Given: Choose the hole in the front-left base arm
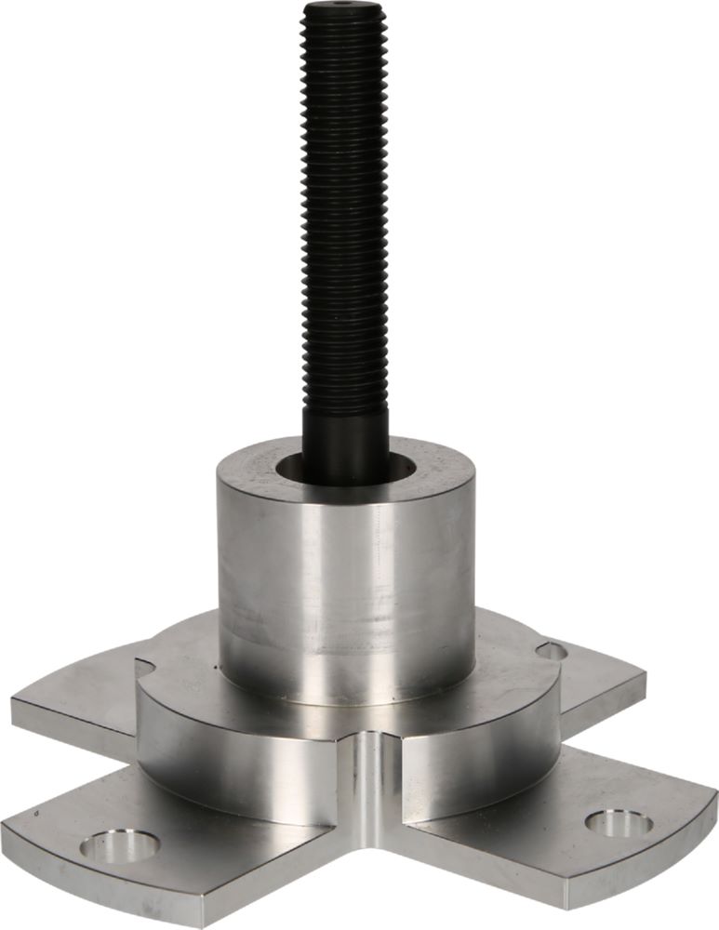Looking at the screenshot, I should point(120,844).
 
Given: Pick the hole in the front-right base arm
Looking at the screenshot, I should point(618,822).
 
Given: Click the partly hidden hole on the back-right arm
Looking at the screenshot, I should point(551,650).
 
